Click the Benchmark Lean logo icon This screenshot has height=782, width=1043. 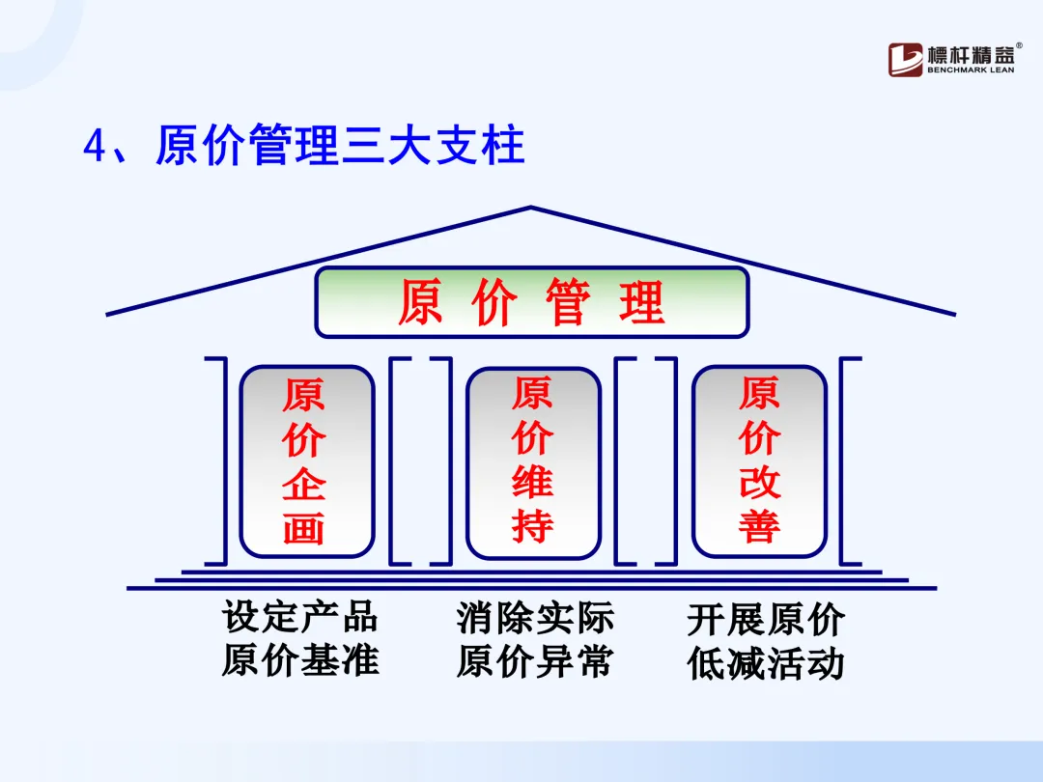tap(905, 59)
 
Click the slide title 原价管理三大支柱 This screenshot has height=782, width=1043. tap(339, 147)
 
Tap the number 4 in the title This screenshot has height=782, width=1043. tap(94, 148)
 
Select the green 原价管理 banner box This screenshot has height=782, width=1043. tap(532, 302)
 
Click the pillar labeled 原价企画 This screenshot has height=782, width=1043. tap(306, 461)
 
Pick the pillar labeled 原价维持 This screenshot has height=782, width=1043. tap(533, 462)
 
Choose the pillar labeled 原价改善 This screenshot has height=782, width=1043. tap(760, 461)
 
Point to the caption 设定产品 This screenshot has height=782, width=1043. tap(299, 616)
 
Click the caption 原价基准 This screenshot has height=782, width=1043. tap(299, 660)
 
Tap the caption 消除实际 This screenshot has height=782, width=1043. tap(535, 618)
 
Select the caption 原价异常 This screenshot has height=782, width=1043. tap(535, 662)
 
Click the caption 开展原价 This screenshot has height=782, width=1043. tap(766, 620)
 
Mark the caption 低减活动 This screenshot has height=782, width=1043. tap(766, 664)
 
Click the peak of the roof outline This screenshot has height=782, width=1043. tap(531, 208)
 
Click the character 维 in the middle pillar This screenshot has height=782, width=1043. tap(532, 484)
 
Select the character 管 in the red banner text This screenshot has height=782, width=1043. tap(570, 302)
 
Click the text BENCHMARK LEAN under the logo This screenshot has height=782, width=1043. tap(970, 70)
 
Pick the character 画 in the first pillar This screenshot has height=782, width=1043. tap(304, 528)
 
